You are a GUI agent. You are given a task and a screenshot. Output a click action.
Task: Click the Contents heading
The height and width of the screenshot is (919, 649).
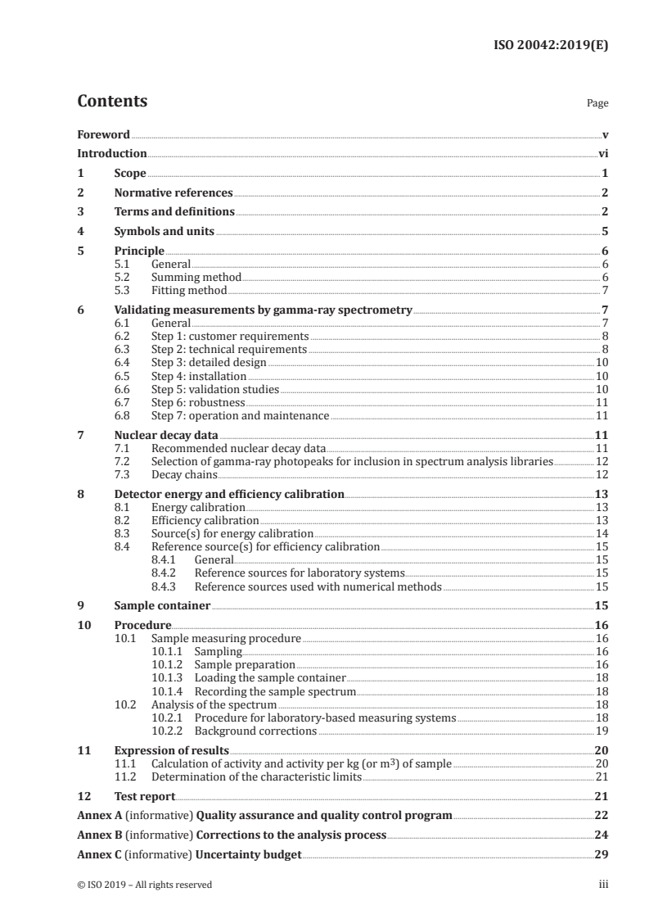click(112, 102)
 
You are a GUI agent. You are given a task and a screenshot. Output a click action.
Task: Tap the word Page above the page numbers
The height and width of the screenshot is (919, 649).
click(597, 104)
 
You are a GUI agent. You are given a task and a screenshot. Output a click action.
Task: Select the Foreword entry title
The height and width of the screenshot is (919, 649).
click(103, 134)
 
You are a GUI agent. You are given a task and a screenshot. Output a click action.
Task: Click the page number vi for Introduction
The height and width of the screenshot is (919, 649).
click(603, 153)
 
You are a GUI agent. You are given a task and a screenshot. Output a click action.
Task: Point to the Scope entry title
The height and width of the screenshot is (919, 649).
click(130, 174)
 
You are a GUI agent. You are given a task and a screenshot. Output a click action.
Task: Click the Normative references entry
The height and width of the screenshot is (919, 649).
click(174, 193)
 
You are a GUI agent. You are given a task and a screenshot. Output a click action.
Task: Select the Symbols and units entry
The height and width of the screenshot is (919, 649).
click(164, 232)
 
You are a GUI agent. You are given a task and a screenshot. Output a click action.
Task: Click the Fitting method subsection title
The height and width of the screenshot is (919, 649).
click(189, 290)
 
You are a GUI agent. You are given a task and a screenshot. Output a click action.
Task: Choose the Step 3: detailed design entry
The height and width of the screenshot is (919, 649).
click(209, 362)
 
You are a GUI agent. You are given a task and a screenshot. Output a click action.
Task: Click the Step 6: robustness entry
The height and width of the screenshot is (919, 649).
click(198, 402)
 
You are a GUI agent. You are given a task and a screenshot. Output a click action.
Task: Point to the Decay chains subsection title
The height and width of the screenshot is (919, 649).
click(184, 474)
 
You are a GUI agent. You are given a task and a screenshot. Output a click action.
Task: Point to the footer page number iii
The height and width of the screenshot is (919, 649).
click(603, 885)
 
